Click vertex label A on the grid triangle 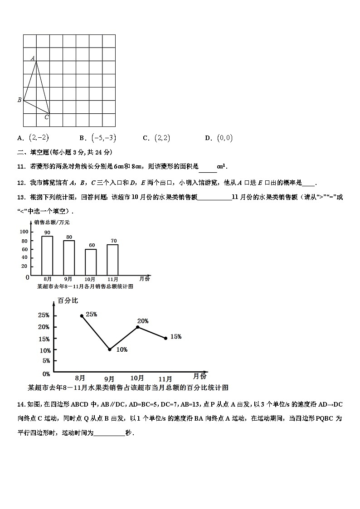pos(33,58)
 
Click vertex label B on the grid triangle pos(19,100)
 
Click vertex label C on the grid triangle pos(46,117)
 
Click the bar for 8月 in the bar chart pos(47,256)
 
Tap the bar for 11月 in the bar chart pos(112,260)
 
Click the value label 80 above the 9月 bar pos(69,237)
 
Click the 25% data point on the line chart pos(82,315)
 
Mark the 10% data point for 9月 pos(110,349)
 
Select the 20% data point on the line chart pos(137,327)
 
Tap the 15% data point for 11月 pos(165,338)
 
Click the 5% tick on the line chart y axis pos(46,361)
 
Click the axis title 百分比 pos(68,301)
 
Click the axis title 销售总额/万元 pos(52,222)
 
